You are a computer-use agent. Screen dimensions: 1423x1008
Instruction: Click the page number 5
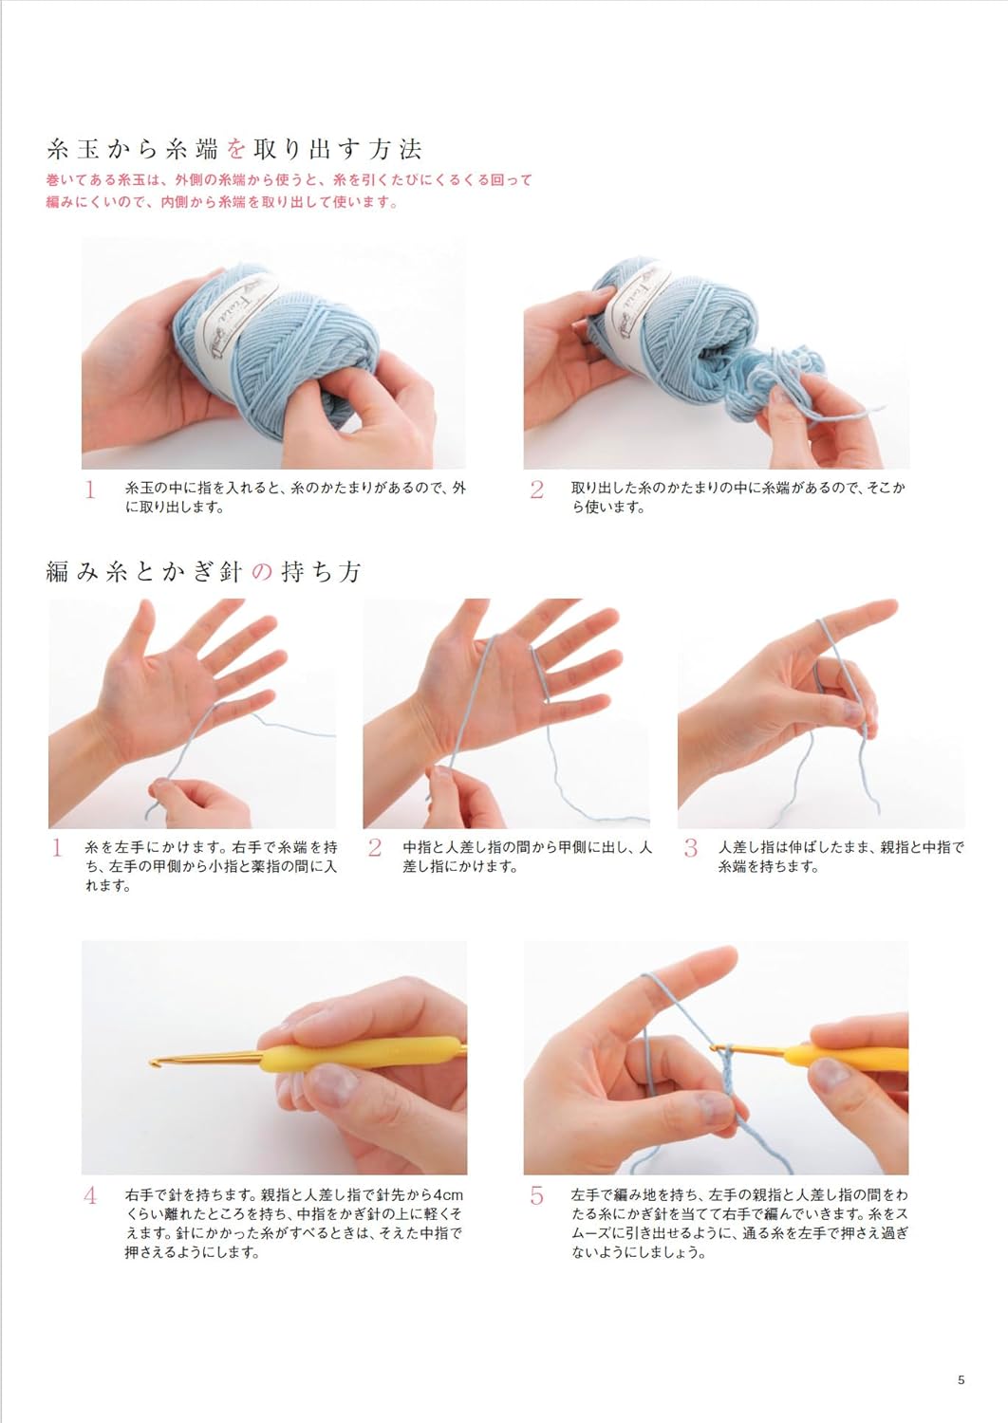(x=961, y=1380)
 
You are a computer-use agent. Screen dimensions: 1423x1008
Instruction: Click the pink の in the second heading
(x=263, y=572)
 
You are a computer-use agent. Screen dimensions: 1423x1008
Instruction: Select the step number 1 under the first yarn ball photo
(x=91, y=490)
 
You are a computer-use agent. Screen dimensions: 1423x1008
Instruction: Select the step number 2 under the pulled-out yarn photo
(x=537, y=490)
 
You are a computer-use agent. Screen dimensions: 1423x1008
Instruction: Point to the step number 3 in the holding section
(x=690, y=849)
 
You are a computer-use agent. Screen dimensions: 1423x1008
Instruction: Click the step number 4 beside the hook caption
(x=91, y=1196)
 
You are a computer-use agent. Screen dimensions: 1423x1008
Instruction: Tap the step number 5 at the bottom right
(x=537, y=1196)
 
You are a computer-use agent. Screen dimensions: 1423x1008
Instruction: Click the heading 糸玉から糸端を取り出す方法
(x=233, y=149)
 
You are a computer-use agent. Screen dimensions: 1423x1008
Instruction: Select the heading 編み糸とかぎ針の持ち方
(x=204, y=572)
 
